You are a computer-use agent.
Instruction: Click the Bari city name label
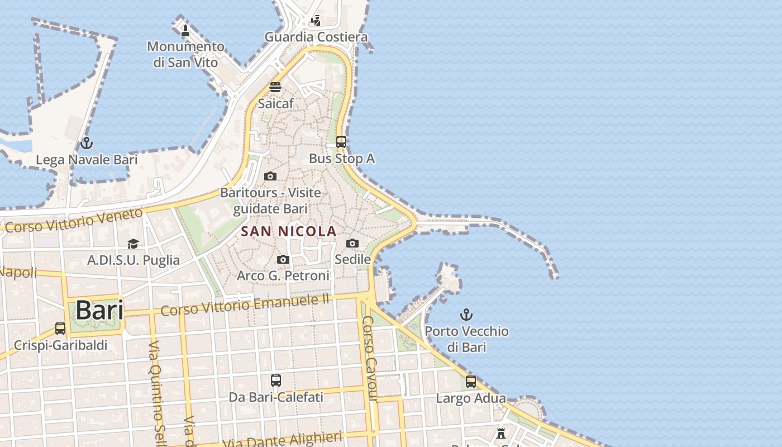(99, 310)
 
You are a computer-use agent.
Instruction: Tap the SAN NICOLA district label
(289, 231)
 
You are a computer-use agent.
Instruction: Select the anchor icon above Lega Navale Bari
(86, 144)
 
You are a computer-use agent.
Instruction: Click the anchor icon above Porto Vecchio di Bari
(466, 315)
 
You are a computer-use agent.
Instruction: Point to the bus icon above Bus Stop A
(341, 142)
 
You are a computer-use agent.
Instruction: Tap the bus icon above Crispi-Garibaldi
(60, 329)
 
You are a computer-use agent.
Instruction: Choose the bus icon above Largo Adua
(471, 382)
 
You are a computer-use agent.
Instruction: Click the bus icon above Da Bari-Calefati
(276, 381)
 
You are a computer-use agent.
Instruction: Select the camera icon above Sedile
(352, 243)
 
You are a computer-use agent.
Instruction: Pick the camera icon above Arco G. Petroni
(283, 259)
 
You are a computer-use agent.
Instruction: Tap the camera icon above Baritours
(270, 177)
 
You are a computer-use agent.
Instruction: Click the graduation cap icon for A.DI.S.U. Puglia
(133, 244)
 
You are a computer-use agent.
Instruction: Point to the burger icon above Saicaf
(275, 87)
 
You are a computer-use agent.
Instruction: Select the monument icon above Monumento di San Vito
(185, 30)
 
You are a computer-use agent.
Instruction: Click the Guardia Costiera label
(316, 37)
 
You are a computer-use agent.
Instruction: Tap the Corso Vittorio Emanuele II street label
(245, 306)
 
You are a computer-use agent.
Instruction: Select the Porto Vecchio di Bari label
(466, 339)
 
